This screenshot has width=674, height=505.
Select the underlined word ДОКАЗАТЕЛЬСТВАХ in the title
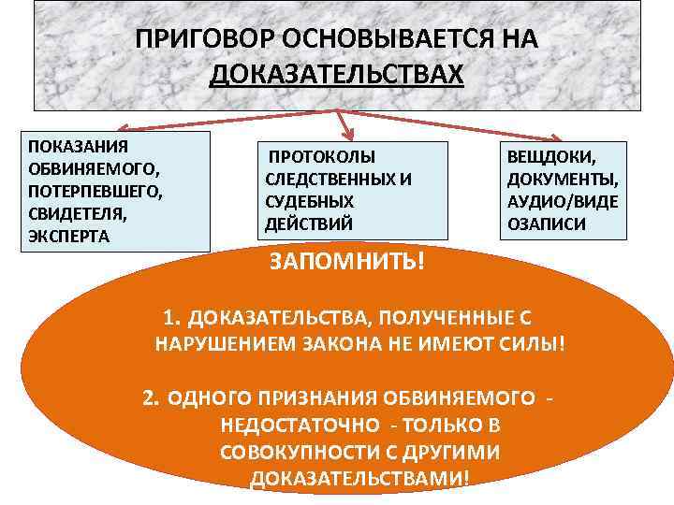pos(336,74)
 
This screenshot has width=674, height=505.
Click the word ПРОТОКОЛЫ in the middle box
pos(322,157)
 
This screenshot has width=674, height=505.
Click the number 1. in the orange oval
pos(172,317)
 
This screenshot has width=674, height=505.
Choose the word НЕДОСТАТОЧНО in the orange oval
pos(299,426)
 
